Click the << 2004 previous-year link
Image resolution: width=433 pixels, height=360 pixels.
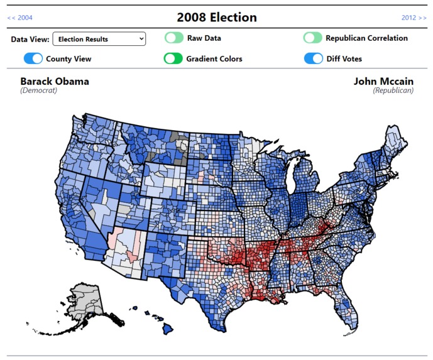click(20, 18)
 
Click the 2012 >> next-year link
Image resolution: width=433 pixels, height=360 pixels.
click(414, 18)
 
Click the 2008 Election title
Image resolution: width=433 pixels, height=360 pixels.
click(216, 17)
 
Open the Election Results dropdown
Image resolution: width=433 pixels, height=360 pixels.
click(99, 39)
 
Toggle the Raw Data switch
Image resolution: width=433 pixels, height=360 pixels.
click(174, 38)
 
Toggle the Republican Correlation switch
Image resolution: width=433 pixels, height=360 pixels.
click(312, 38)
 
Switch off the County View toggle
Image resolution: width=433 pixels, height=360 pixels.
click(33, 59)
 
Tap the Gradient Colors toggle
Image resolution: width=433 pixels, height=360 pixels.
click(173, 59)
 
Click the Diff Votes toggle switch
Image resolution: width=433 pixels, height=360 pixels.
click(313, 59)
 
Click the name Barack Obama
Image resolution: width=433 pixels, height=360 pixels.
click(55, 82)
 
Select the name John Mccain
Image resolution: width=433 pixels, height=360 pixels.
click(383, 82)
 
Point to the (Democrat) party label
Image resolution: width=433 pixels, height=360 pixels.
click(39, 90)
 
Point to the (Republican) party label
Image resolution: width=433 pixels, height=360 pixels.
click(393, 90)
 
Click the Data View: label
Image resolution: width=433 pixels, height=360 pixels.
click(30, 39)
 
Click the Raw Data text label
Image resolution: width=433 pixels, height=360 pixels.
click(204, 38)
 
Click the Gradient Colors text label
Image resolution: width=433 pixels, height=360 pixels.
click(214, 59)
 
